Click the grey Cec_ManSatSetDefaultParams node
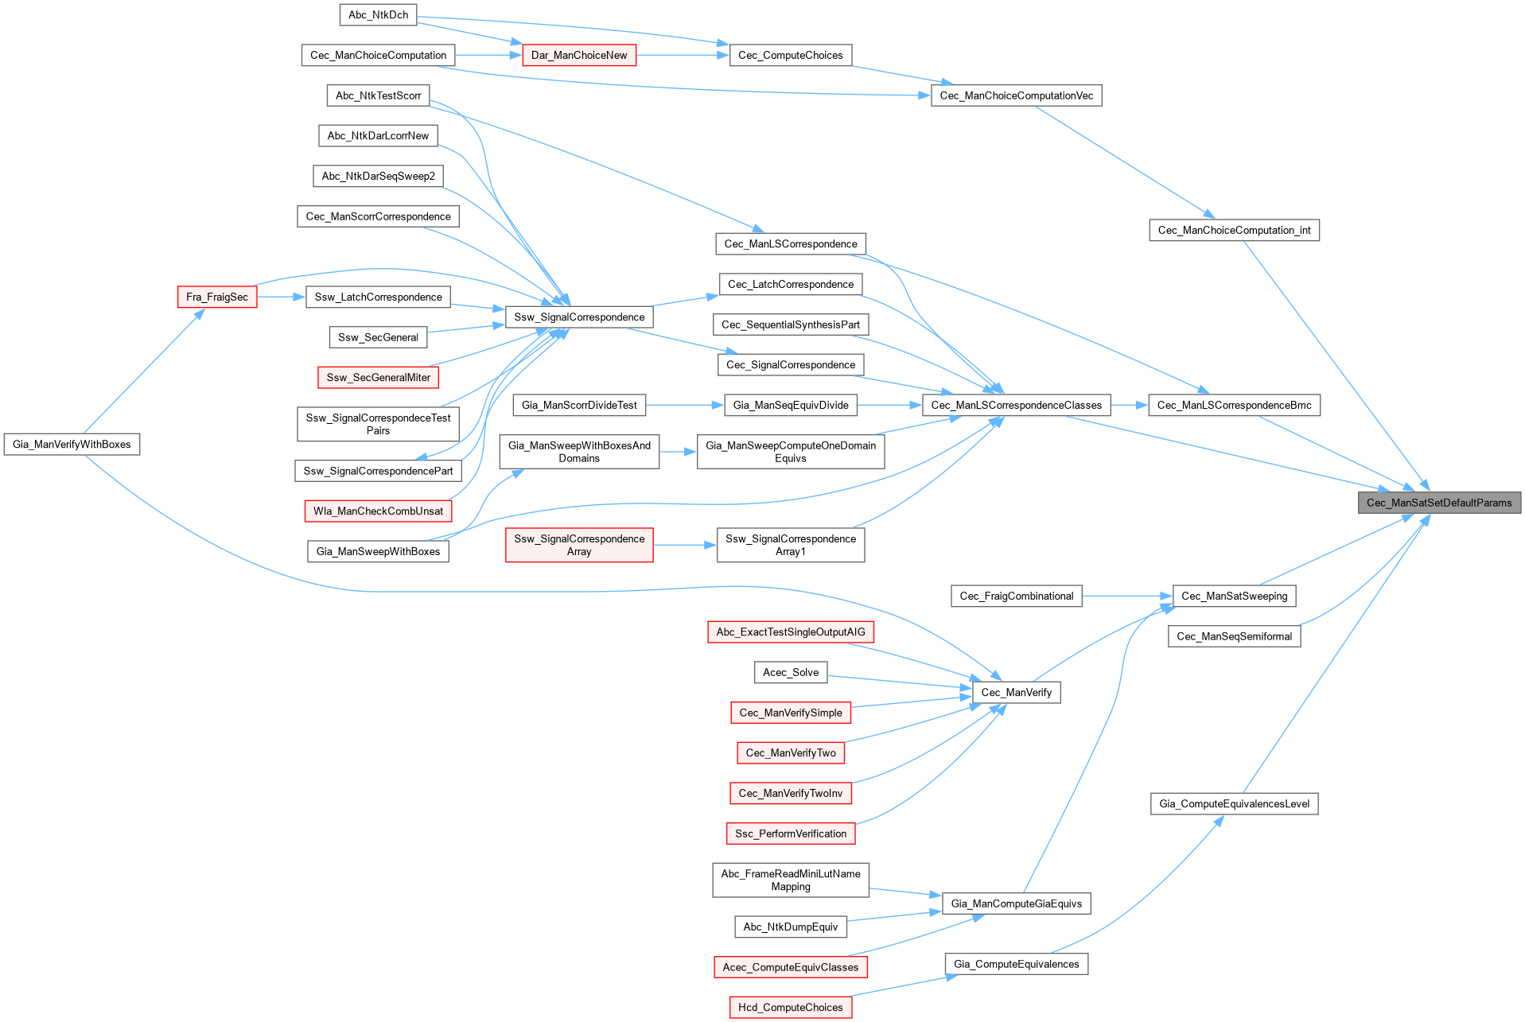click(1438, 503)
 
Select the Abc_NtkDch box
click(378, 15)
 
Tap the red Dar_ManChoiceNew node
click(578, 56)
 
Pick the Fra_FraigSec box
click(216, 297)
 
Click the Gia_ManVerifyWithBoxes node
click(72, 445)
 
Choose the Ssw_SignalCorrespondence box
click(579, 317)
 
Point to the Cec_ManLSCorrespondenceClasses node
click(1016, 406)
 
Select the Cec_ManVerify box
click(1016, 693)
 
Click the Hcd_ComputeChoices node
click(790, 1008)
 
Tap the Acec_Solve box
click(790, 673)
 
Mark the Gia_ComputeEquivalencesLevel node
click(1234, 804)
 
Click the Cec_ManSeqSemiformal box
click(1234, 636)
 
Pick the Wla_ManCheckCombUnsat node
click(378, 511)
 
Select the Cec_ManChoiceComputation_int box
click(1234, 231)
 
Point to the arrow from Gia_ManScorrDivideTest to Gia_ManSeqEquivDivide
click(684, 406)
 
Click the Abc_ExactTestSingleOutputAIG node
click(790, 632)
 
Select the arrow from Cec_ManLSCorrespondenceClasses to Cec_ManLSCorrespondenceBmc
click(1130, 406)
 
